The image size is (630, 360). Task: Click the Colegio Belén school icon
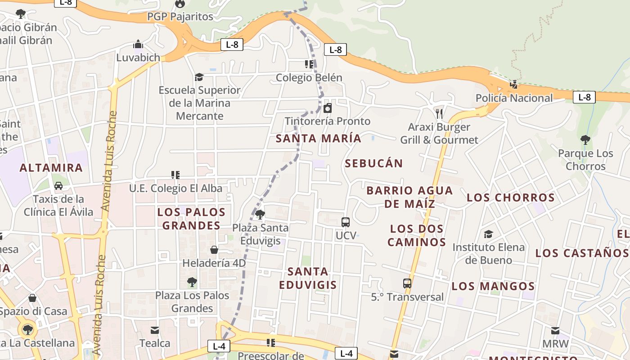309,64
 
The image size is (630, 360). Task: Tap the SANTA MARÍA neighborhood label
318,138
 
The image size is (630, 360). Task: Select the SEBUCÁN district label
373,163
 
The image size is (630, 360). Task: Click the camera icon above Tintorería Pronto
328,108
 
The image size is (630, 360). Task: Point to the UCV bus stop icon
346,222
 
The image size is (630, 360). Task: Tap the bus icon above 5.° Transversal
407,283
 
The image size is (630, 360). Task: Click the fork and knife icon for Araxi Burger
439,113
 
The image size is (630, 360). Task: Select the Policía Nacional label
514,98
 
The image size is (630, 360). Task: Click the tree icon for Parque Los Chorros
585,140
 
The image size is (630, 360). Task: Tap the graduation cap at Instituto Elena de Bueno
488,234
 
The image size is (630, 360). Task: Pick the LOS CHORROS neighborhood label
510,198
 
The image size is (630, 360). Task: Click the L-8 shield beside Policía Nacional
584,97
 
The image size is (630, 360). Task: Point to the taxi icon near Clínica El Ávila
58,185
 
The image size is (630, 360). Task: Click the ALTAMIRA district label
51,168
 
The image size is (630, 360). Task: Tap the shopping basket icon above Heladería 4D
214,250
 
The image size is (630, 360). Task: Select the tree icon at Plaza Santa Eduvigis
260,214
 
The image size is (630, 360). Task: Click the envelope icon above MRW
555,331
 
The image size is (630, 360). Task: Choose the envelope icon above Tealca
155,330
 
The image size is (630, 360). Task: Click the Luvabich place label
138,58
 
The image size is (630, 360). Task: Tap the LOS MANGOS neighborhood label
493,286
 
